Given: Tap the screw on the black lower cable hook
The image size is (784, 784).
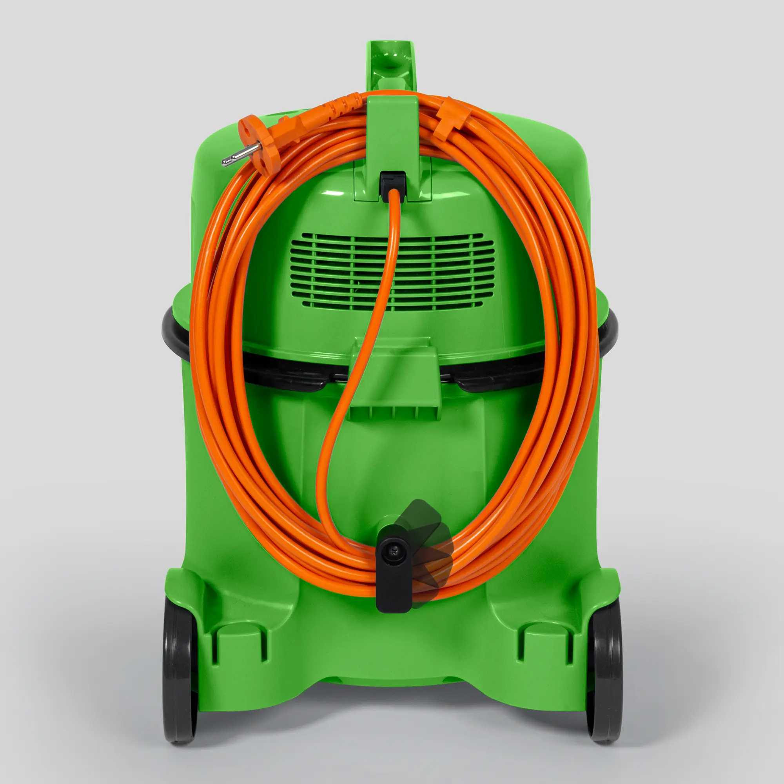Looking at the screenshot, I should pos(395,551).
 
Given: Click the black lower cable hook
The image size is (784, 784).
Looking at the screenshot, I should pos(394,584).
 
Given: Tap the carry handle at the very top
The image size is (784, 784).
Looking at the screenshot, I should pos(392,61).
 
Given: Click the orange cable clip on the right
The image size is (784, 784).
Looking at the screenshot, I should pos(449,118).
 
